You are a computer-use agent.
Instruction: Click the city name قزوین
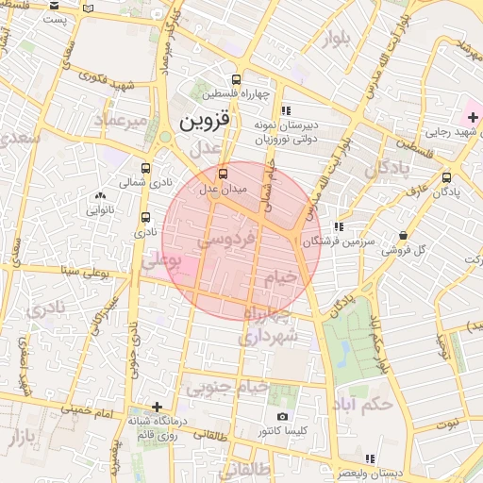(204, 122)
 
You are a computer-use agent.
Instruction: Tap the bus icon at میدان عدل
(224, 174)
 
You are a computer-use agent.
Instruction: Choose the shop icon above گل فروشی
(404, 235)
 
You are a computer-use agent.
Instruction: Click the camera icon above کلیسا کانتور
(282, 416)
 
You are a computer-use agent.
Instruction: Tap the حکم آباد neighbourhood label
(362, 405)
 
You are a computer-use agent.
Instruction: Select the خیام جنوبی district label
(226, 388)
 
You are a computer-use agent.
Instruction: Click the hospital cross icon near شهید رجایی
(473, 116)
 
